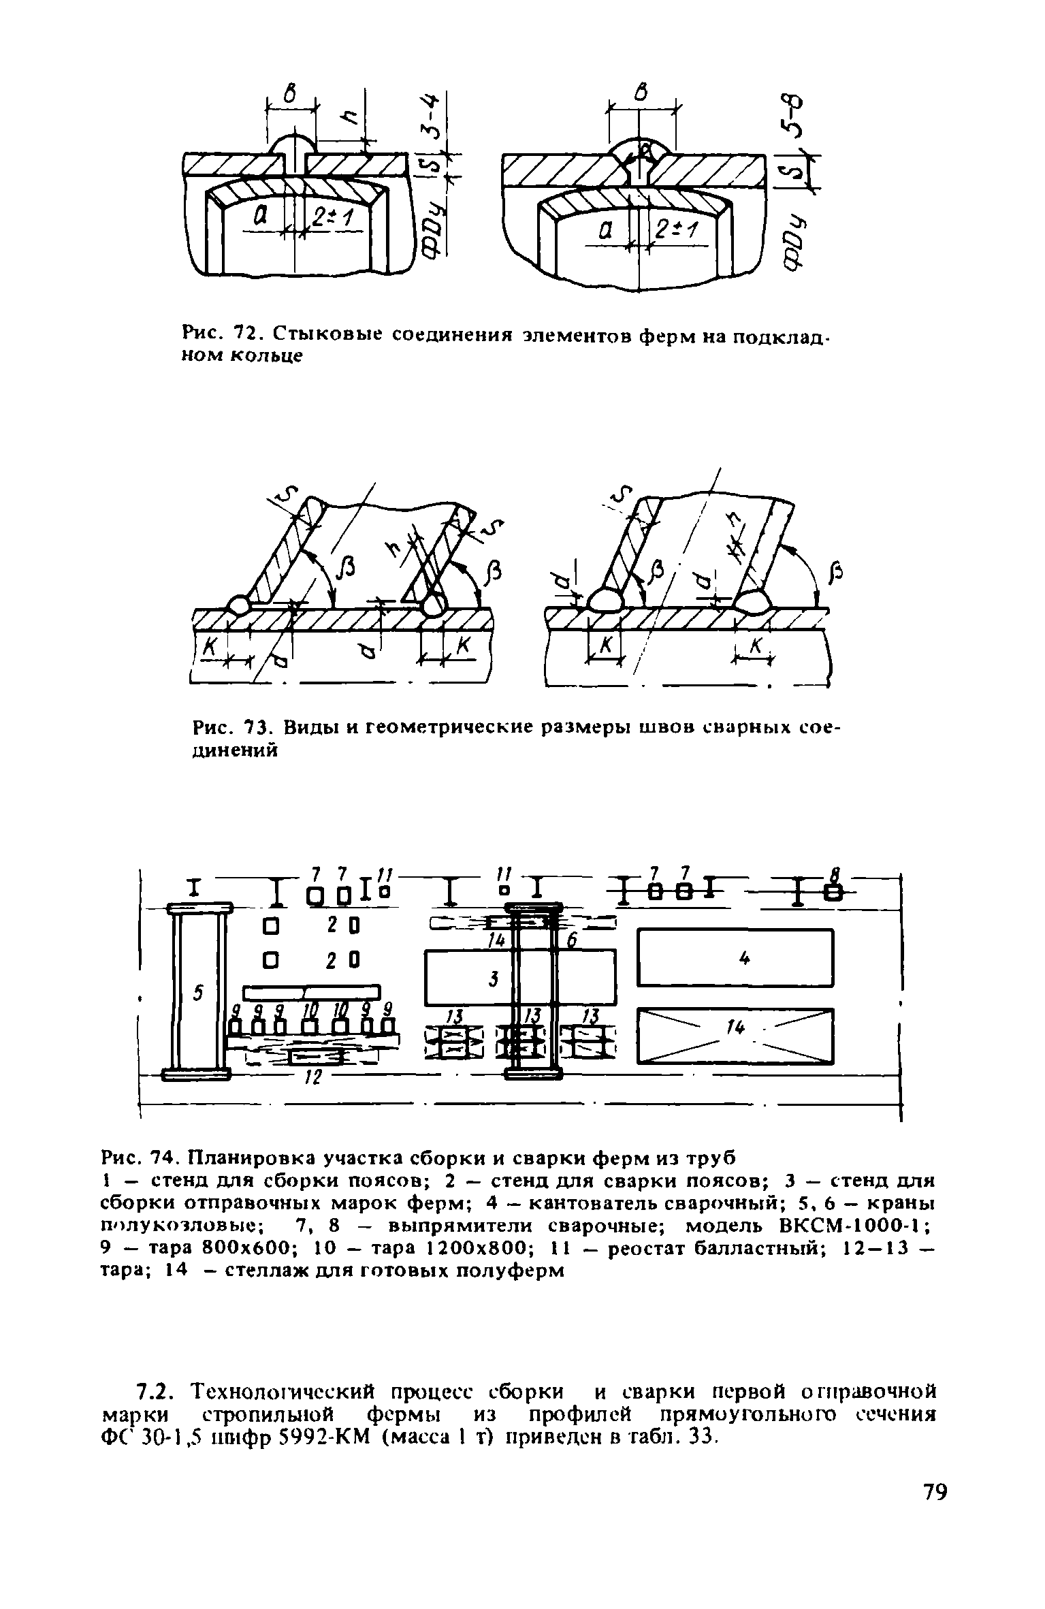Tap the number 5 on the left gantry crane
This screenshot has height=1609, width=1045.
(198, 993)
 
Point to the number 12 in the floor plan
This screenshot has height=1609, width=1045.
(312, 1078)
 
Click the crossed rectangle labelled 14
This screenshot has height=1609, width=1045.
(735, 1035)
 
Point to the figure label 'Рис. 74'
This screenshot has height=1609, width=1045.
(139, 1158)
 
